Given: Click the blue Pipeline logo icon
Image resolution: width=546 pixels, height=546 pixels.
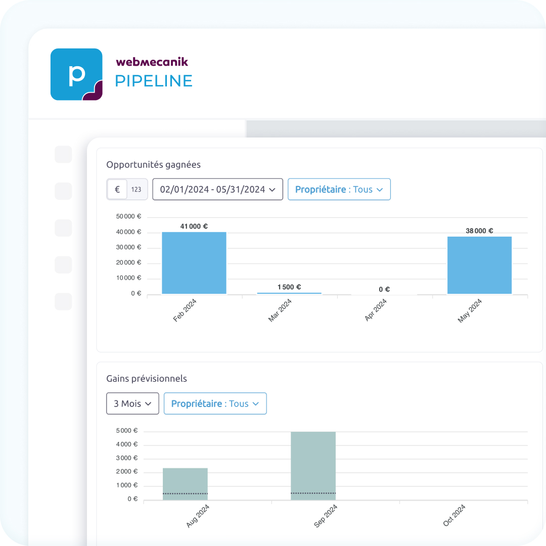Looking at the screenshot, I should pyautogui.click(x=76, y=74).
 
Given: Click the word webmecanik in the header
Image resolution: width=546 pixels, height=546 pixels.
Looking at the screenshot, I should pyautogui.click(x=152, y=62).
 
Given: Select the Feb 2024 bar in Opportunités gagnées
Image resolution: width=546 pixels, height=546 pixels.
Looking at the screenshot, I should pyautogui.click(x=194, y=263).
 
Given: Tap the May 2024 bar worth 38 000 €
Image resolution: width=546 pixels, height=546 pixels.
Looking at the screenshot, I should pyautogui.click(x=479, y=265).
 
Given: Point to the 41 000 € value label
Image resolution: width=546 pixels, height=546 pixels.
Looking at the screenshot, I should pyautogui.click(x=194, y=226).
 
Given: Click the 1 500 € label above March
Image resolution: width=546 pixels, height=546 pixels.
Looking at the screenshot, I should pyautogui.click(x=289, y=287).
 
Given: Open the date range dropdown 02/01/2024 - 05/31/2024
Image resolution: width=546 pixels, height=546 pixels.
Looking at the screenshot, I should pyautogui.click(x=217, y=190).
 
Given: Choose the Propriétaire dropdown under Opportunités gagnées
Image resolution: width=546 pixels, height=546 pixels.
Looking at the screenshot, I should pyautogui.click(x=339, y=190).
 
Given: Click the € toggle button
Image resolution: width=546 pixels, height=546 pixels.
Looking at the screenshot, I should pyautogui.click(x=117, y=190).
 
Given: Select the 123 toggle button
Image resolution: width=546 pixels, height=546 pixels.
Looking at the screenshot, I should pyautogui.click(x=136, y=190).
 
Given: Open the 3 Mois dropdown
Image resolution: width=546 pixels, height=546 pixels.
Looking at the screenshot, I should pyautogui.click(x=132, y=403).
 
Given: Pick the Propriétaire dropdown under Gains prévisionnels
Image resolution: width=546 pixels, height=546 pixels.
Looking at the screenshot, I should pyautogui.click(x=215, y=403).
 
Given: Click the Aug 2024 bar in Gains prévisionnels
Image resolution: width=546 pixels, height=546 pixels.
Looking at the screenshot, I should pyautogui.click(x=185, y=484).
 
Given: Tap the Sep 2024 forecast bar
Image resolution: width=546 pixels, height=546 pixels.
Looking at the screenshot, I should pyautogui.click(x=313, y=466).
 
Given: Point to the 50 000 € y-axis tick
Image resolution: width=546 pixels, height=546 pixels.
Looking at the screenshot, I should pyautogui.click(x=128, y=217).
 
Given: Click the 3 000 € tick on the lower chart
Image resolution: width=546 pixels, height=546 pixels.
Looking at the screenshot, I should pyautogui.click(x=127, y=458).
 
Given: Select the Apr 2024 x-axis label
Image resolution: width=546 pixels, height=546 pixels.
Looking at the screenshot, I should pyautogui.click(x=376, y=310).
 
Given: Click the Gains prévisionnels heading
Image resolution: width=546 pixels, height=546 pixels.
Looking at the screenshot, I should pyautogui.click(x=147, y=379).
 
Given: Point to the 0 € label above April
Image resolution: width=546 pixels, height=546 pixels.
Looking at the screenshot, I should pyautogui.click(x=384, y=290).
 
